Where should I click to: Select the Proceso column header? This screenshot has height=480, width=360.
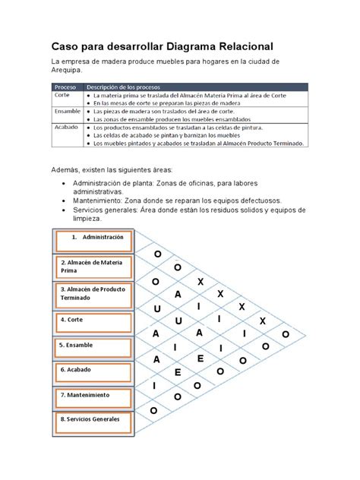[x=66, y=87]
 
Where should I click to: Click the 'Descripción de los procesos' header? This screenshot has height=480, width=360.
[x=123, y=87]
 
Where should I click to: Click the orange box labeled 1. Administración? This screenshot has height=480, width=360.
[x=95, y=241]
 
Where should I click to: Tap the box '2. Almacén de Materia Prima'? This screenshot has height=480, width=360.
[x=95, y=267]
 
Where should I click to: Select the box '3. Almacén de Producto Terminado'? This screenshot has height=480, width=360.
[x=95, y=293]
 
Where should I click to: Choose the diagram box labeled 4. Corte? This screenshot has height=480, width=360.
[x=95, y=320]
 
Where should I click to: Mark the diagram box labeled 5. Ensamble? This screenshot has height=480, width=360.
[x=95, y=345]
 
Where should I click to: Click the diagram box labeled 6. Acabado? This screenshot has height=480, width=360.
[x=95, y=371]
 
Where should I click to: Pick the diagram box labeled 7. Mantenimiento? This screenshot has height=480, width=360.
[x=95, y=396]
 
